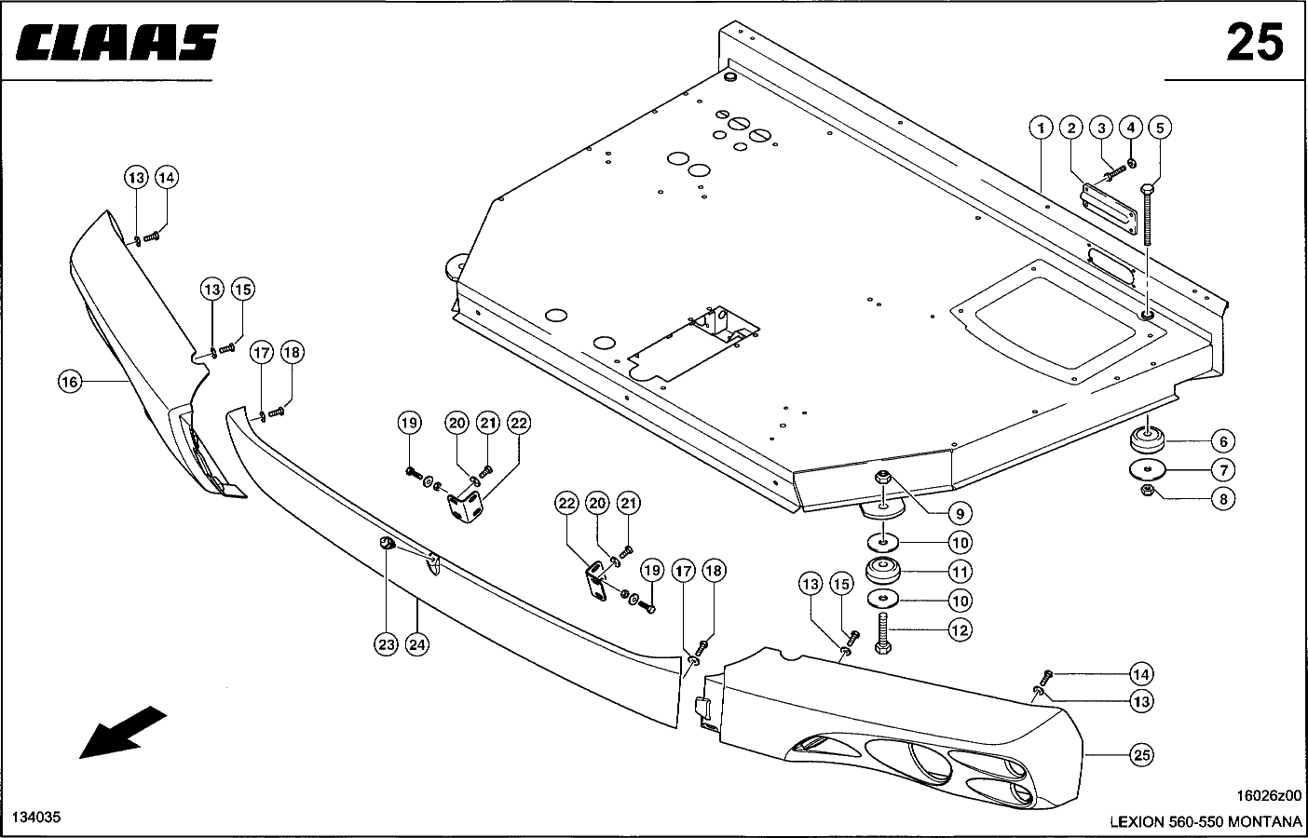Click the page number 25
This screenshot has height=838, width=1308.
coord(1254,43)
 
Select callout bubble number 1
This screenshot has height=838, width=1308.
coord(1041,127)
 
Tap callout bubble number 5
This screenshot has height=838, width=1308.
coord(1160,127)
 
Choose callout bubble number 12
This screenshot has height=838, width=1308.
coord(960,629)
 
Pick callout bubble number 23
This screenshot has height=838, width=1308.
coord(387,643)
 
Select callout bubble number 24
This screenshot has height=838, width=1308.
coord(417,643)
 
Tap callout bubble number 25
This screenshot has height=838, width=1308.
coord(1141,755)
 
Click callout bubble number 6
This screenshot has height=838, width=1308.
coord(1222,441)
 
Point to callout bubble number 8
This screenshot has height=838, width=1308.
coord(1222,499)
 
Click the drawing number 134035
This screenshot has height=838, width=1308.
coord(36,817)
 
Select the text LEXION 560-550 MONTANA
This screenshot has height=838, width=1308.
coord(1205,821)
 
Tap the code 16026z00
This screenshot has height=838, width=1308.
coord(1268,796)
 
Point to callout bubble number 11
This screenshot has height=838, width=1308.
coord(960,571)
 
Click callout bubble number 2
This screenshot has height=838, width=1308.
coord(1071,127)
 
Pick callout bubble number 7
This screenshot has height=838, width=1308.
coord(1222,469)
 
